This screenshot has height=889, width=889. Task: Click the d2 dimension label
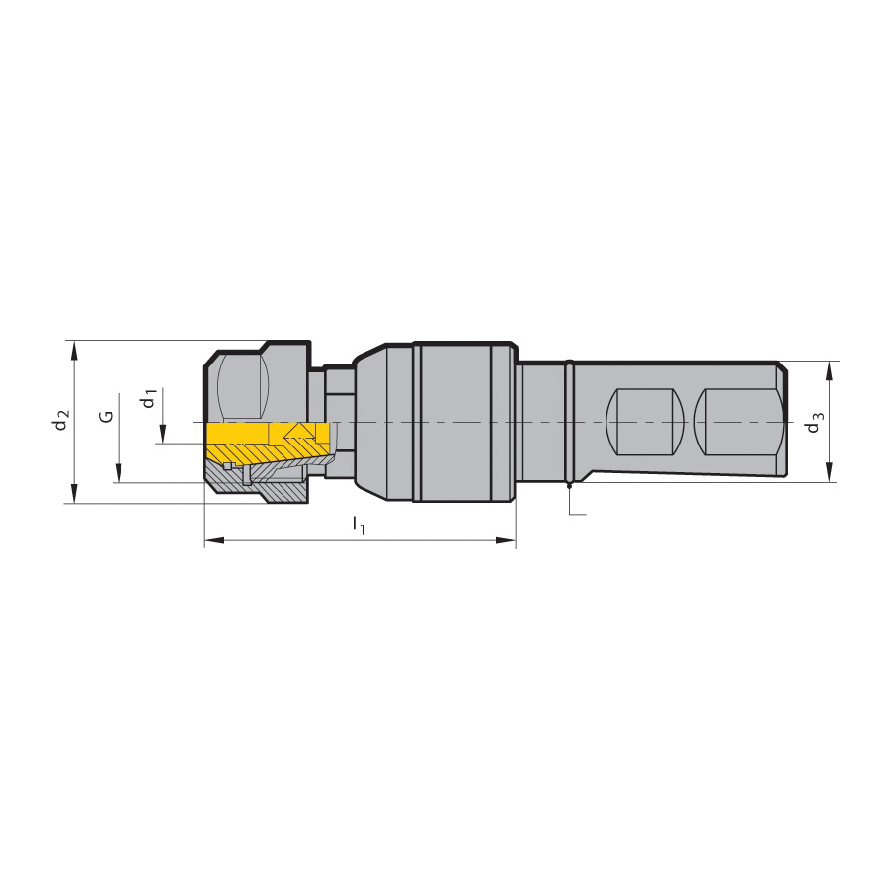[62, 419]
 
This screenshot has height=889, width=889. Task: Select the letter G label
[106, 417]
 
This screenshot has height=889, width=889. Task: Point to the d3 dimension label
[815, 423]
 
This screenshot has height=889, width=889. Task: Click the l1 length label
[359, 525]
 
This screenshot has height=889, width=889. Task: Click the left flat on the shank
[645, 421]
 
